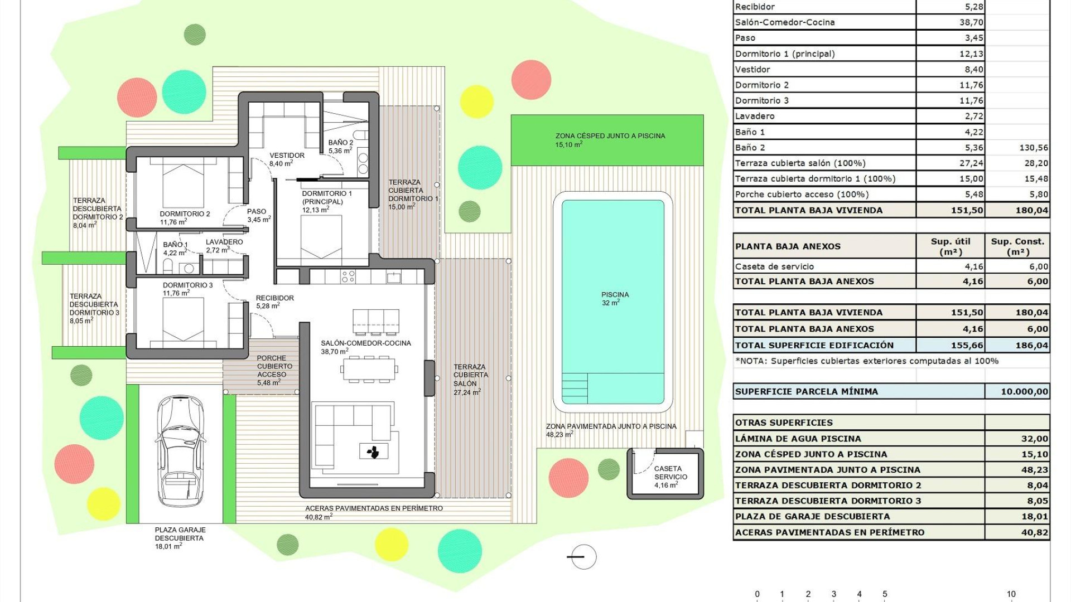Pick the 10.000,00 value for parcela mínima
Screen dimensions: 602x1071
[x=1024, y=391]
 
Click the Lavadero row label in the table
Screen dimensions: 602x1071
[x=755, y=116]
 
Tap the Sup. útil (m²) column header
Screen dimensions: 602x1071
[x=951, y=246]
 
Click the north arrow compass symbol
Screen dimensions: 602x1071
[x=583, y=557]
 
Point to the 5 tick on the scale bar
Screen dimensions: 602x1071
[x=885, y=594]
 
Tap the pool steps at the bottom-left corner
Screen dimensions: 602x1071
[x=575, y=388]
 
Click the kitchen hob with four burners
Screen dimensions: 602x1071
[x=348, y=276]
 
